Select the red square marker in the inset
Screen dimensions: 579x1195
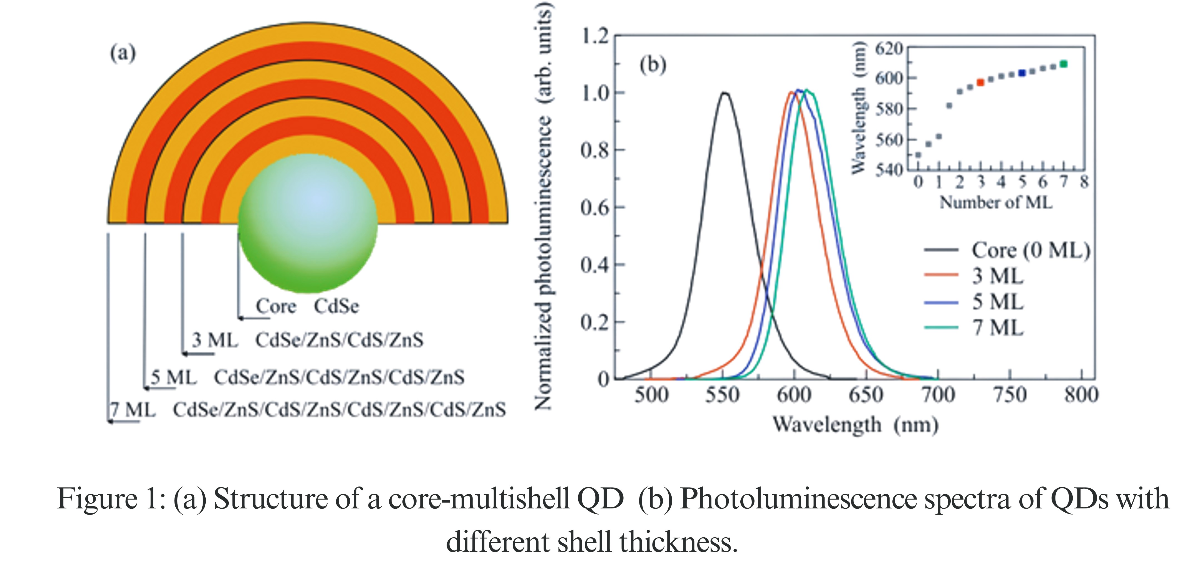coord(980,83)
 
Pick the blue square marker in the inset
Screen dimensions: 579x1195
coord(1022,73)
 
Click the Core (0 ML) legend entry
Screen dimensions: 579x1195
coord(1030,251)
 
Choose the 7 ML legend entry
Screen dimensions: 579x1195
coord(997,328)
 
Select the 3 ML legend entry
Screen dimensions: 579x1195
coord(997,276)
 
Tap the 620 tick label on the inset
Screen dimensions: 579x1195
coord(888,48)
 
